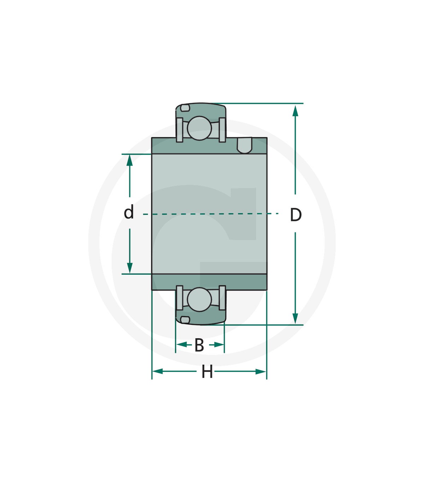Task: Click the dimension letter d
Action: click(x=129, y=212)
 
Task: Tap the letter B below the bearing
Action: click(x=199, y=345)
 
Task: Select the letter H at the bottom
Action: click(x=207, y=372)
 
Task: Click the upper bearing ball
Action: click(x=199, y=128)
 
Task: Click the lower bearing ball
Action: click(x=199, y=299)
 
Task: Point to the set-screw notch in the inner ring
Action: click(x=245, y=145)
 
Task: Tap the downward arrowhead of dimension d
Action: click(x=130, y=268)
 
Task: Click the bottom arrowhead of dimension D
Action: click(x=295, y=319)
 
